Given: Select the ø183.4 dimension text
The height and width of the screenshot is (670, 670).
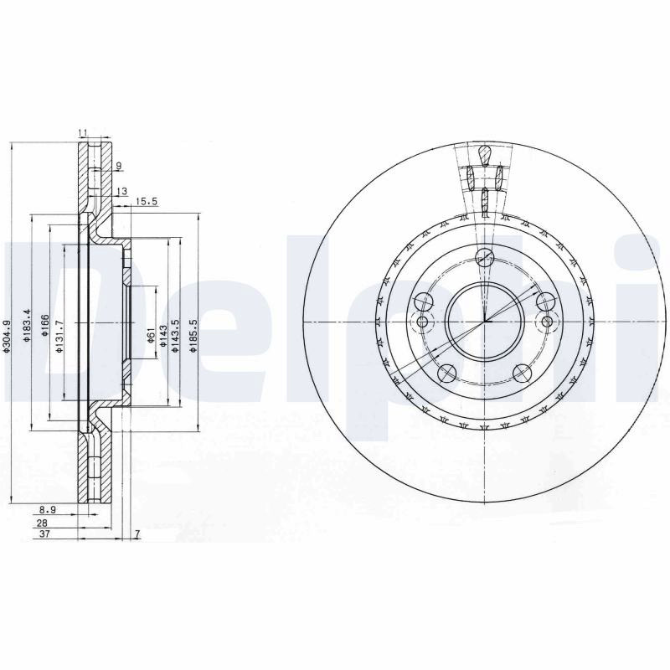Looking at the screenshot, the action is coord(27,326).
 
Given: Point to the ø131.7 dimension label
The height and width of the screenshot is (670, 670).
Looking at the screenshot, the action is coord(59,337).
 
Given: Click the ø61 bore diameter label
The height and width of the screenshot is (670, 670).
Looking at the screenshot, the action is coord(150,335).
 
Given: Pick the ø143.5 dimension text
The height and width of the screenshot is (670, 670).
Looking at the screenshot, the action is coord(174,337).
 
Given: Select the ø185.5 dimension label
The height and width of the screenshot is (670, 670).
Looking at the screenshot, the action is coord(193,337).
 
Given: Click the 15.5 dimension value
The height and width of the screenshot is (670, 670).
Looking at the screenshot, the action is coord(147,200).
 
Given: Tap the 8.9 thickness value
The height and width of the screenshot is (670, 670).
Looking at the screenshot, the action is coord(48,509).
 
